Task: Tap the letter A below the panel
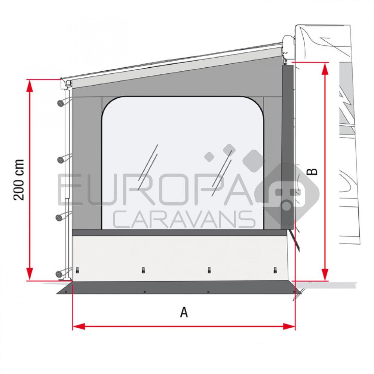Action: click(184, 312)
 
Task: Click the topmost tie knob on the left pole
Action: click(60, 102)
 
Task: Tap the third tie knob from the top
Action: click(60, 217)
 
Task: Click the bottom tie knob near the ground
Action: click(60, 274)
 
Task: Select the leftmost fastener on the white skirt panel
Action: click(77, 270)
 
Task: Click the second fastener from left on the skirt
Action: click(143, 270)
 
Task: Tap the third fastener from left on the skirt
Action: click(209, 270)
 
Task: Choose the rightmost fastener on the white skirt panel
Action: click(275, 270)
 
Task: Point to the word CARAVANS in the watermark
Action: click(183, 219)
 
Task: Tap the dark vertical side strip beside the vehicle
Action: click(287, 146)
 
